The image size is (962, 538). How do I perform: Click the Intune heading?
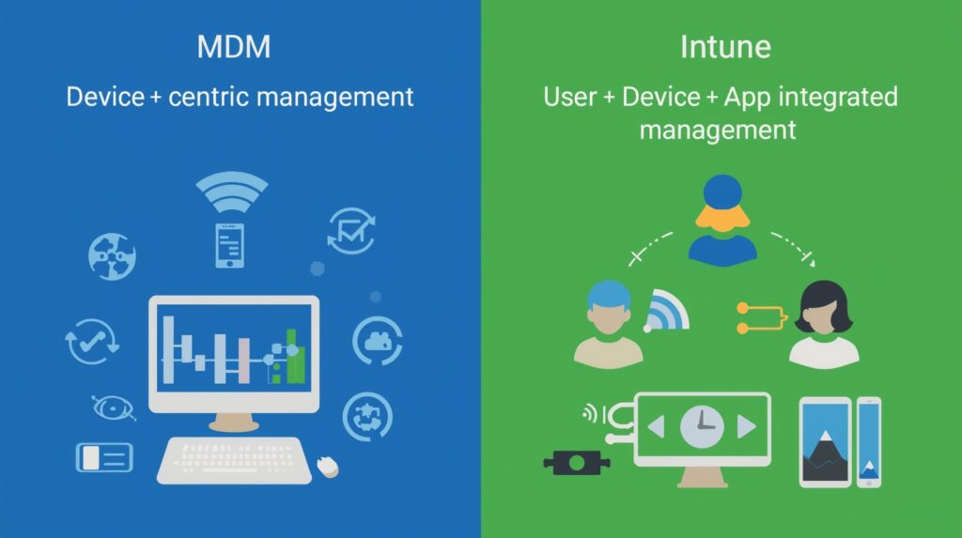pos(720,48)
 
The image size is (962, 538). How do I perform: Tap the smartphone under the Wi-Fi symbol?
pos(229,245)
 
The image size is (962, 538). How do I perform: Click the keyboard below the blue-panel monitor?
pos(234,460)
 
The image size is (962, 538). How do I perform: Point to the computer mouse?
pos(327,465)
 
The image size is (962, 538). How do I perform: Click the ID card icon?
pos(104,457)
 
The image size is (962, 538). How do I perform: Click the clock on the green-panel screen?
pos(701,426)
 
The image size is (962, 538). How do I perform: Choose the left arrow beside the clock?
pos(656,427)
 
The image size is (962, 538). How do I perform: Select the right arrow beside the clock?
pos(746,427)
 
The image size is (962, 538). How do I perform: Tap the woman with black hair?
pos(823,324)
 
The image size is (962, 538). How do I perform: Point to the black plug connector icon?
pos(573,461)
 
